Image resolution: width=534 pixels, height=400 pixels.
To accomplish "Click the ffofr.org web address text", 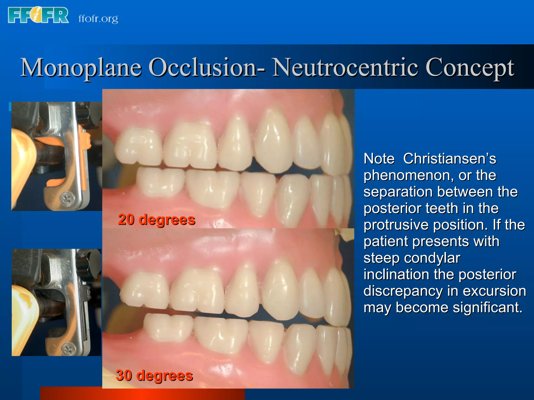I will pos(98,19).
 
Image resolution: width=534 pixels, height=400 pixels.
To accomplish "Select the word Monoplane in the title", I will pos(81,68).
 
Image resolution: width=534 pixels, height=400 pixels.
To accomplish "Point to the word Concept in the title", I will pos(469,68).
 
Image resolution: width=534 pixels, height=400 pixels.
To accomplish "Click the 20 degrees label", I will pos(156,220).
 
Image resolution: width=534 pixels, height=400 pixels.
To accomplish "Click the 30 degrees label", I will pos(154,375).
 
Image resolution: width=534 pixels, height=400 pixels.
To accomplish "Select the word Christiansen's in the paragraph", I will pos(450,159).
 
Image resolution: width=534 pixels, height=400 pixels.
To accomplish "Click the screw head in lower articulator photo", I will pos(69,348).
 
